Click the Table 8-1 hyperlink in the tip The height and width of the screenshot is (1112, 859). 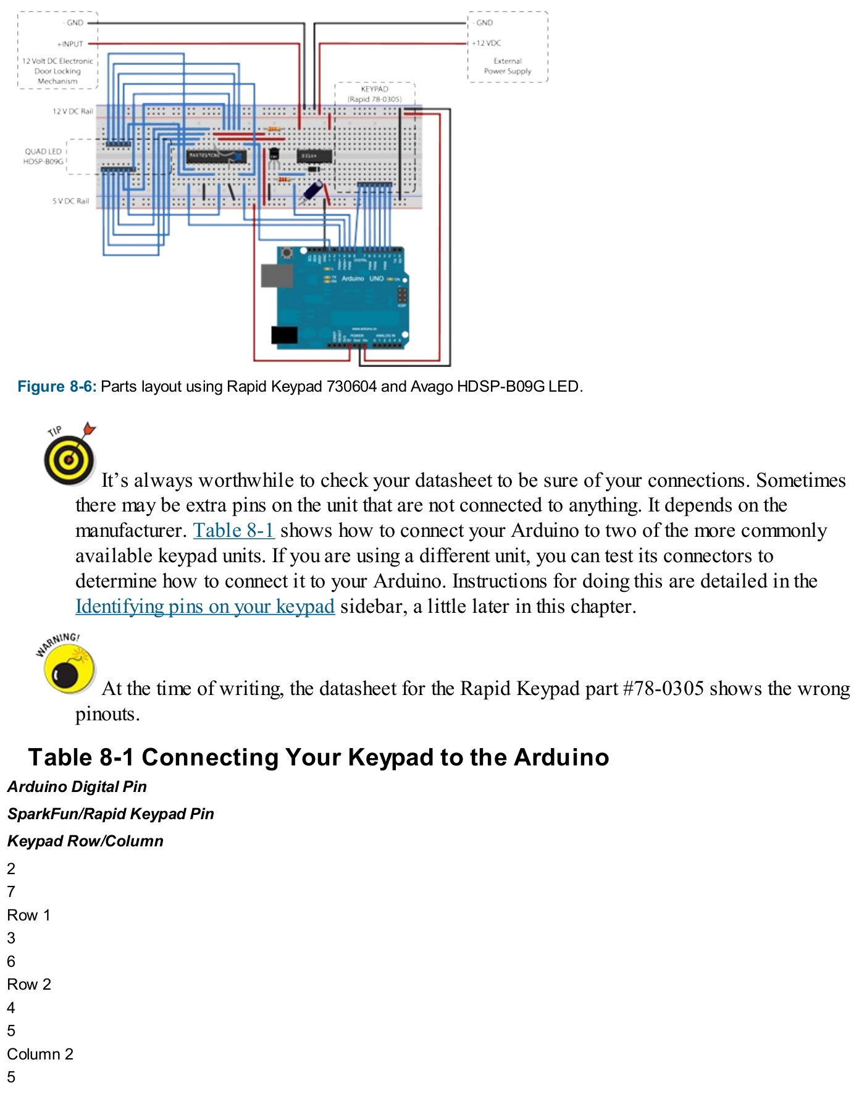coord(233,531)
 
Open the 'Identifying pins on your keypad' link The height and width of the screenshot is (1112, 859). coord(205,607)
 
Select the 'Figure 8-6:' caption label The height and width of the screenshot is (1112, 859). coord(57,387)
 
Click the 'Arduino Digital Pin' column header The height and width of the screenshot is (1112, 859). coord(77,786)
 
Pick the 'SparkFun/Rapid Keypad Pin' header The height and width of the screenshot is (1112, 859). coord(111,814)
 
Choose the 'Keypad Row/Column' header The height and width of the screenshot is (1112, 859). coord(85,841)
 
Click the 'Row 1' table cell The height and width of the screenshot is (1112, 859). coord(28,915)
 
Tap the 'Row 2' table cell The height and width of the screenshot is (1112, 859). coord(28,984)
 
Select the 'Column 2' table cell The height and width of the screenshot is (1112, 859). coord(40,1054)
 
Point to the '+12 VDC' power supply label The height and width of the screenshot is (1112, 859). coord(487,43)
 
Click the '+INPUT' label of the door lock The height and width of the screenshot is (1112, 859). coord(70,44)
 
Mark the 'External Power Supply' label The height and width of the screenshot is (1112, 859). coord(507,66)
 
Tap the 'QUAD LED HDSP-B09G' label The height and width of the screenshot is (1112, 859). coord(43,156)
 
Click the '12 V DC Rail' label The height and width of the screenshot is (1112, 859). coord(72,112)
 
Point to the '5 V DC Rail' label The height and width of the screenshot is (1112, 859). coord(70,201)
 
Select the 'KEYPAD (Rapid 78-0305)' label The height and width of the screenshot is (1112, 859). coord(374,94)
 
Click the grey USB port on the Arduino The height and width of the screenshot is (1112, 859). coord(276,276)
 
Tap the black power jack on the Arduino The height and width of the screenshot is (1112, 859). coord(284,334)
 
